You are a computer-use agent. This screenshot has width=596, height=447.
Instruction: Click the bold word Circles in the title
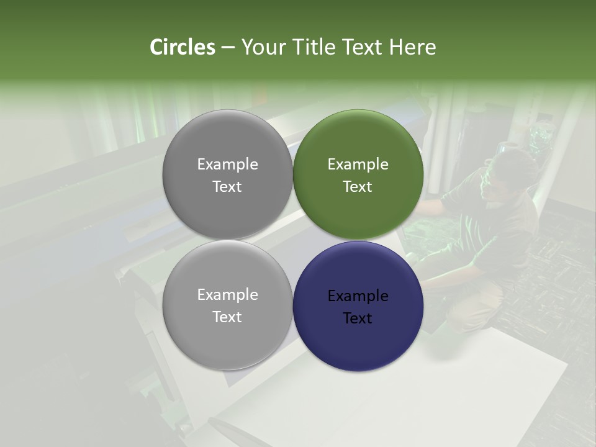point(182,47)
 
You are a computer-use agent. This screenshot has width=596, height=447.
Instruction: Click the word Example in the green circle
point(358,165)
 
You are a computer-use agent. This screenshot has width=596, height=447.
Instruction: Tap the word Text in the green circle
point(358,187)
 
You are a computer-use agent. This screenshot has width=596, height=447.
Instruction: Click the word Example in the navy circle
point(358,296)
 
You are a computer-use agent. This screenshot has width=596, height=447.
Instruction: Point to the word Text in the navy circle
point(358,318)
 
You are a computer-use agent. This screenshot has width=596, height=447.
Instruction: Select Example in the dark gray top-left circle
point(227,165)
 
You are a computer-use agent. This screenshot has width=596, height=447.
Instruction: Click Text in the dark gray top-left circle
point(227,187)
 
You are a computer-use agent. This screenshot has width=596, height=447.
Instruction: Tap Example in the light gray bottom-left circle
point(227,295)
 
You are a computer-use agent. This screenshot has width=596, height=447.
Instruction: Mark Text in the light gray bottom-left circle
point(227,317)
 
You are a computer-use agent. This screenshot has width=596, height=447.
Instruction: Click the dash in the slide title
point(227,48)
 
